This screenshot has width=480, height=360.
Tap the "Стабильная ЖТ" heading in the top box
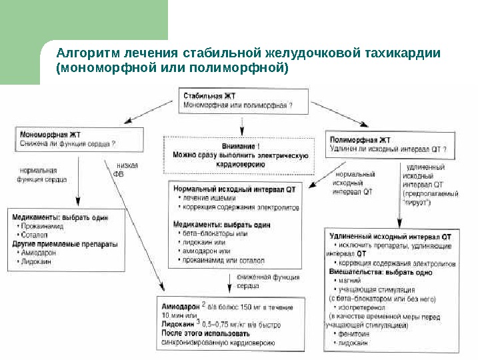pos(207,97)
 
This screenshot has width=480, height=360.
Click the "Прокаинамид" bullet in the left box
pos(41,227)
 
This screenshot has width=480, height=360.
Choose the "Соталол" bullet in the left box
pos(35,235)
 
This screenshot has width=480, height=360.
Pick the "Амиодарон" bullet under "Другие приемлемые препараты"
pos(38,253)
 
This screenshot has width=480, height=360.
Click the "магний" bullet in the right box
pos(347,281)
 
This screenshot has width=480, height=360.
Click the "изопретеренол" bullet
pos(360,308)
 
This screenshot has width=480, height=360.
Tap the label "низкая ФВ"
pos(125,170)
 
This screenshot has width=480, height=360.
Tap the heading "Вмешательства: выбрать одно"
pos(381,272)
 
